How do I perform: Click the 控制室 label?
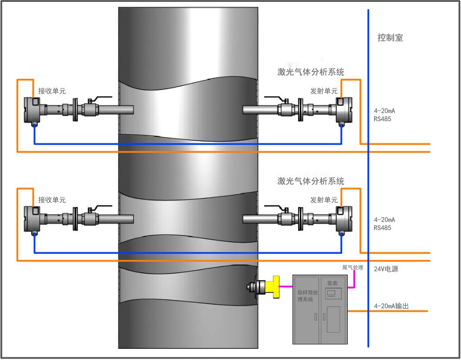click(390, 38)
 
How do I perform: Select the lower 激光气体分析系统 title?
click(311, 181)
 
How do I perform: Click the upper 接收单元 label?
click(52, 91)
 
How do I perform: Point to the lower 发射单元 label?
click(324, 200)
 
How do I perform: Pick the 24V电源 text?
click(386, 269)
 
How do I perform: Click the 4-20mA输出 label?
click(392, 306)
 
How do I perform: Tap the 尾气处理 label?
click(352, 268)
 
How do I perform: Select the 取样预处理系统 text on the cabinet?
click(305, 296)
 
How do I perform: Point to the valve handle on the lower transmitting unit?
click(274, 207)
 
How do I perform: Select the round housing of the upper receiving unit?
click(33, 110)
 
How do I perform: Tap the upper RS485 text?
click(383, 119)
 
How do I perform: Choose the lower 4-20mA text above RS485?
click(384, 219)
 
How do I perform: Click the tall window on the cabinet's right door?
click(333, 319)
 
